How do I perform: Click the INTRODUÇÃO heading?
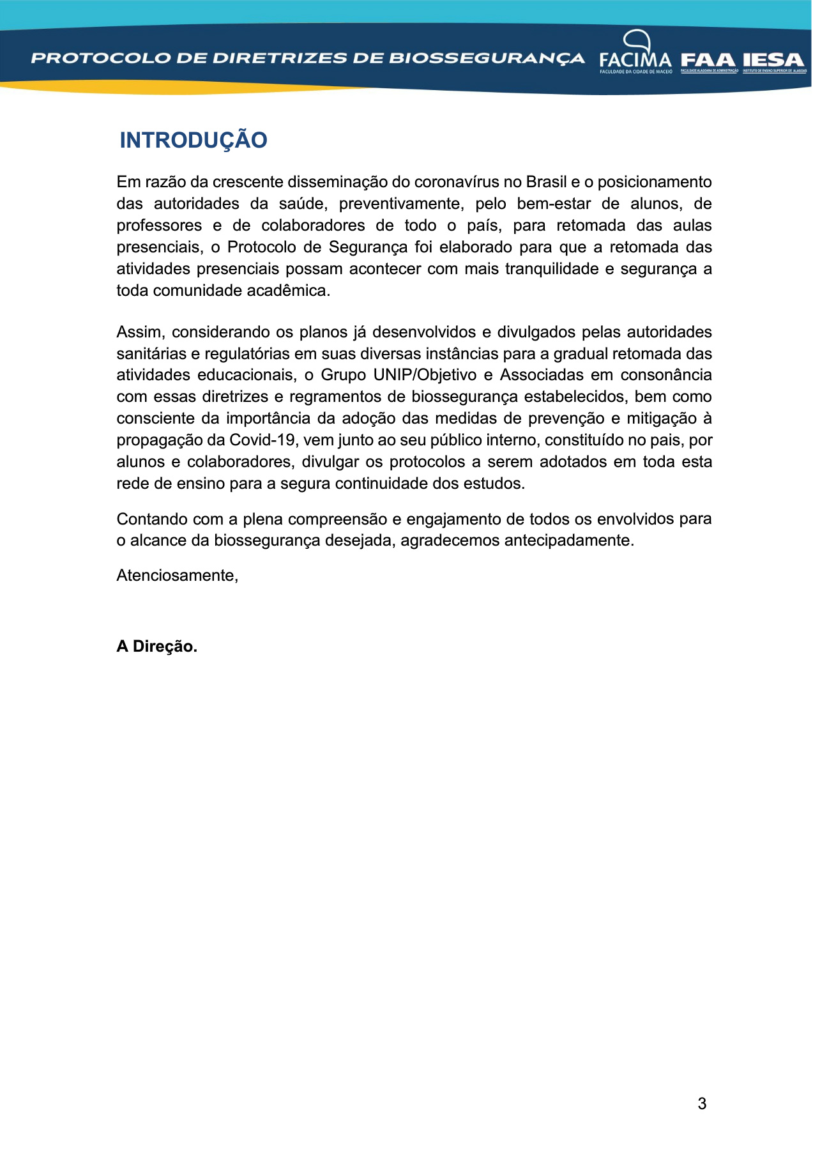[x=193, y=141]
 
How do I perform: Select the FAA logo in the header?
[x=708, y=61]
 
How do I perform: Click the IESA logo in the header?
[x=773, y=61]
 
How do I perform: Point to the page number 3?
[x=702, y=1103]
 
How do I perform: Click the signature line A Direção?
[x=156, y=647]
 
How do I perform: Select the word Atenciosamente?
[x=177, y=576]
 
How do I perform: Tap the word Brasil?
[x=546, y=182]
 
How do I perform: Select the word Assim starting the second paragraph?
[x=141, y=332]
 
